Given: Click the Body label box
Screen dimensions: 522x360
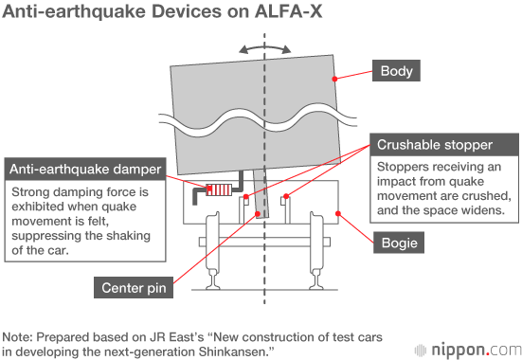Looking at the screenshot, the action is point(396,71).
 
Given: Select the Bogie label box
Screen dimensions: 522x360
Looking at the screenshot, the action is point(399,243).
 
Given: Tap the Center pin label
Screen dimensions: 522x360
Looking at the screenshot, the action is point(134,287).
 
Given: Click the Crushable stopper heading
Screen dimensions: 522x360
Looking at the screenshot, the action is point(444,145).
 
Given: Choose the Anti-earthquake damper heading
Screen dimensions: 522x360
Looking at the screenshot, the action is point(85,170).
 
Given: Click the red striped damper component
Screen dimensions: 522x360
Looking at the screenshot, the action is point(219,189).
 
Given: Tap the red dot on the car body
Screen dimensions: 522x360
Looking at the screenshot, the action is point(335,79).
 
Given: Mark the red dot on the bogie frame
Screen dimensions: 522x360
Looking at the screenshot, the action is point(338,213).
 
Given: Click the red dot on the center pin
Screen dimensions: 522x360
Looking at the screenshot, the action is point(258,214).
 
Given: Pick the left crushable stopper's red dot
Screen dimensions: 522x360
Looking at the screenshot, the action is point(246,197).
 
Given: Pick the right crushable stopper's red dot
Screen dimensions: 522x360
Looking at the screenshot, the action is point(286,197).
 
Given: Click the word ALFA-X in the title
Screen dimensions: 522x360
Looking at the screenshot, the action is point(288,11).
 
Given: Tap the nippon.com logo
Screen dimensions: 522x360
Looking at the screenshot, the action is point(468,350).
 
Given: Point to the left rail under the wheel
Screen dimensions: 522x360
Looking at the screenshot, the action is point(213,279).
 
